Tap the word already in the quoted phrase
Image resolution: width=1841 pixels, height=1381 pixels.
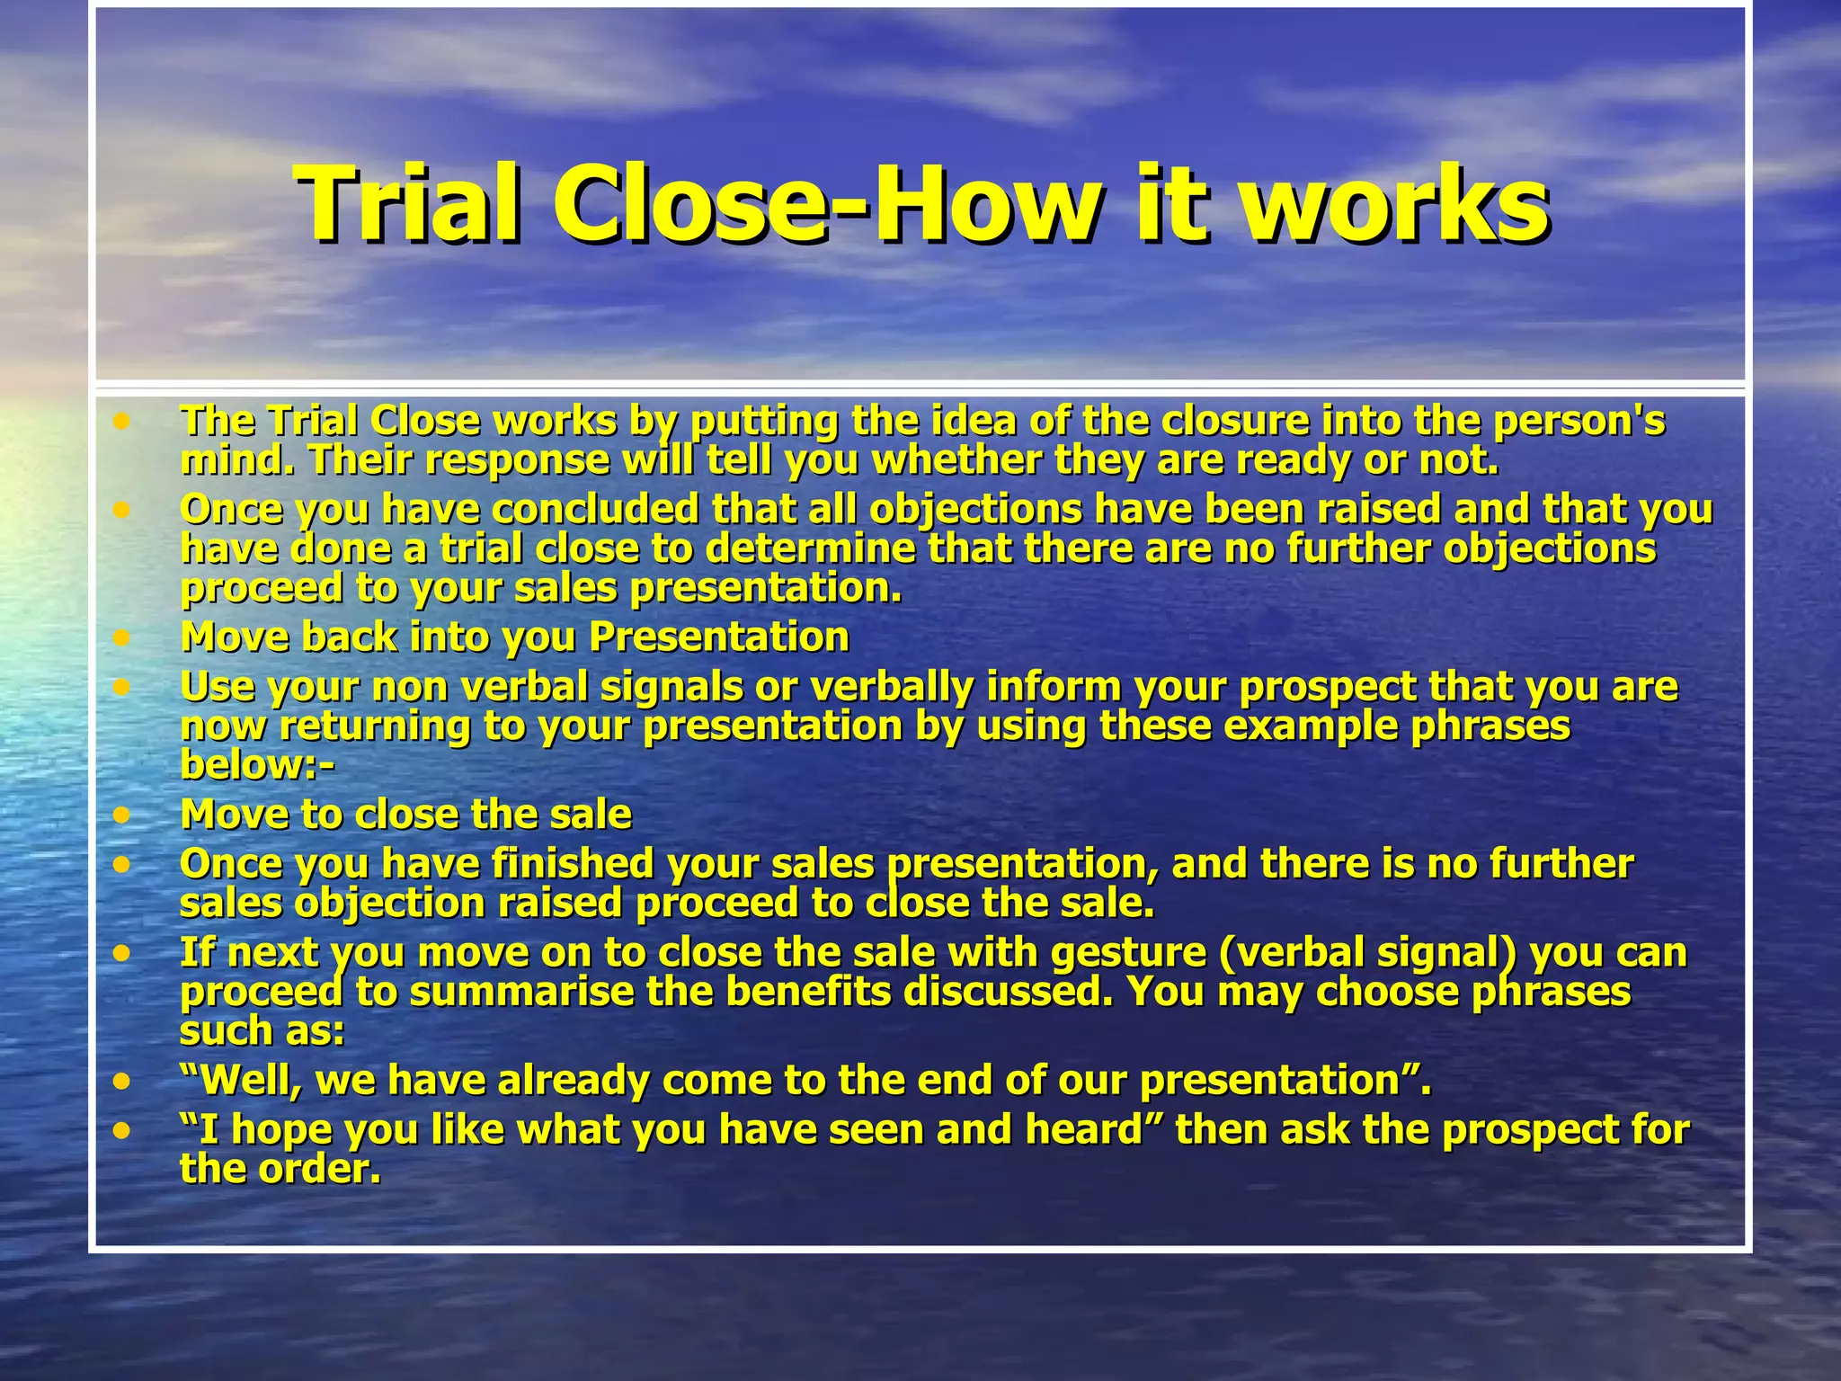pyautogui.click(x=572, y=1080)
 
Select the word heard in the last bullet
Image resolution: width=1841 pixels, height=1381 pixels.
pyautogui.click(x=1089, y=1130)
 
